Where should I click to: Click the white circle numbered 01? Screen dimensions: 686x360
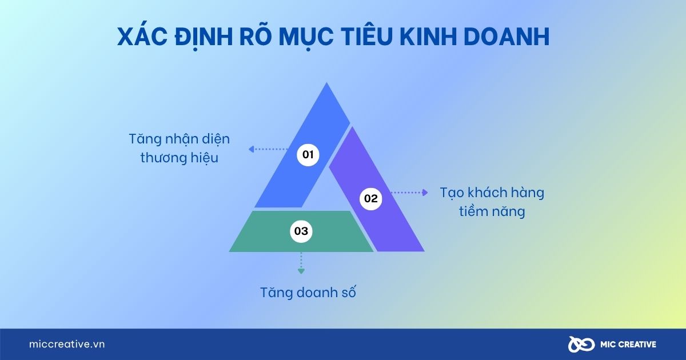point(308,155)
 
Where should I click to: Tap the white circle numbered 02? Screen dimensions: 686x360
point(370,199)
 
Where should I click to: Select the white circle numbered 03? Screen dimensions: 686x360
point(301,231)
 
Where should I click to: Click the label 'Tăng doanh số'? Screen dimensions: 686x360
point(308,293)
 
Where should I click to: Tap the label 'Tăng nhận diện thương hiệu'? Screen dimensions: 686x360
point(179,149)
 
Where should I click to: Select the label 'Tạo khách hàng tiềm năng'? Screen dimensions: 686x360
point(492,202)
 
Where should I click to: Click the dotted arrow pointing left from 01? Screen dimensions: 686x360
point(268,149)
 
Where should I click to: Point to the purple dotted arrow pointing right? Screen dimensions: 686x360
point(409,193)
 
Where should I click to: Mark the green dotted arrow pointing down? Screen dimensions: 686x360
point(301,263)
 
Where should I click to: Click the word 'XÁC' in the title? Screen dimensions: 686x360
point(142,37)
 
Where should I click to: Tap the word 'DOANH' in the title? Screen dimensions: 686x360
point(506,37)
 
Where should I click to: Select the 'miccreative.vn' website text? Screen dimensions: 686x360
point(67,344)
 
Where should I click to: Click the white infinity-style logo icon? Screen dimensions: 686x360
point(581,345)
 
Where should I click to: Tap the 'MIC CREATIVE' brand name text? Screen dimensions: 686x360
point(628,345)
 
